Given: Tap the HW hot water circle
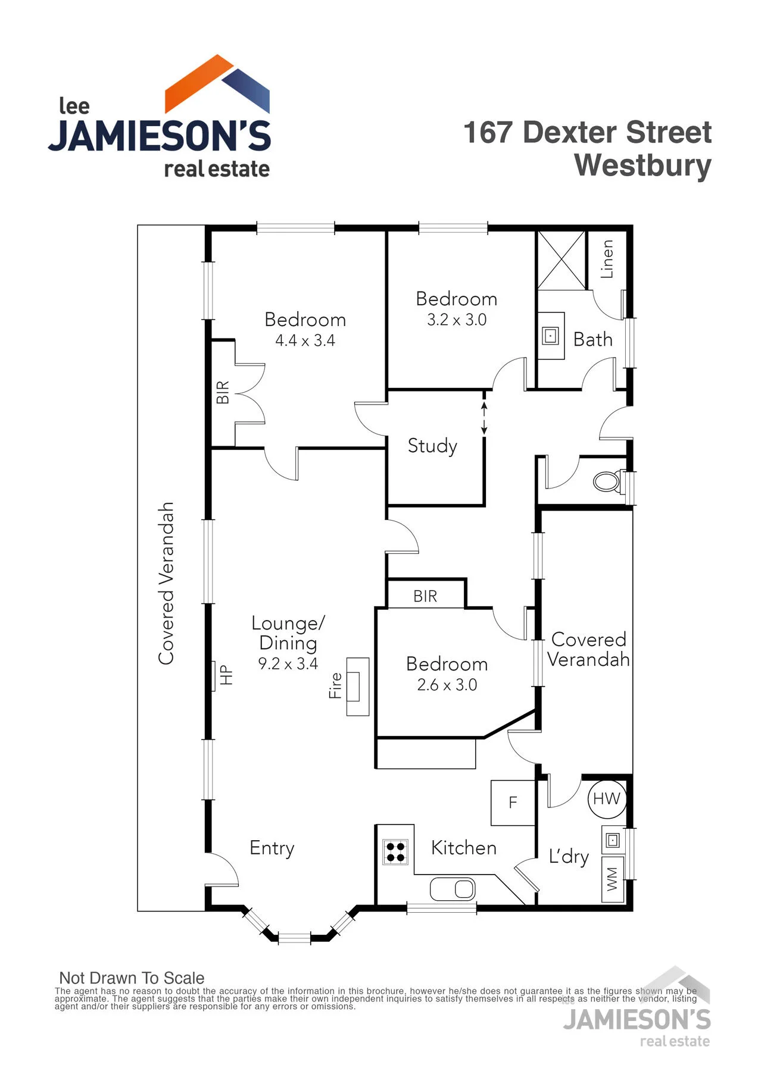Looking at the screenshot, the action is [x=606, y=798].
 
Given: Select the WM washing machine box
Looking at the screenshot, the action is [x=613, y=879].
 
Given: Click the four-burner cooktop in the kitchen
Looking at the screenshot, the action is [x=395, y=852].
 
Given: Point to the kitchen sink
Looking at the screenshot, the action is [x=453, y=889].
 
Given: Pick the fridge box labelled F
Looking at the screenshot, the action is [x=513, y=803].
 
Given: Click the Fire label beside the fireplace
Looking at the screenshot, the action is [x=336, y=685].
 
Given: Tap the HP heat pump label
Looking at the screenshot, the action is [x=226, y=675].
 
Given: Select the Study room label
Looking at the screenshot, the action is [x=432, y=446].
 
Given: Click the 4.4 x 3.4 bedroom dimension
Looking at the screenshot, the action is [x=305, y=341].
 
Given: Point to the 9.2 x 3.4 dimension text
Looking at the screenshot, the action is [x=288, y=663].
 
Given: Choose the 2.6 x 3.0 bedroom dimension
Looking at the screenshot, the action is [x=447, y=685].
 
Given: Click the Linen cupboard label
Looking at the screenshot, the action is [x=607, y=259].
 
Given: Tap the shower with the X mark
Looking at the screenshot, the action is [x=561, y=261].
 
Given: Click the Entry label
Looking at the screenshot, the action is [x=272, y=848].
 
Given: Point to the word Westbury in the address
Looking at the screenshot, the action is [x=642, y=165].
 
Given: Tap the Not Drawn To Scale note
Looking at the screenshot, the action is [x=132, y=978].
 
